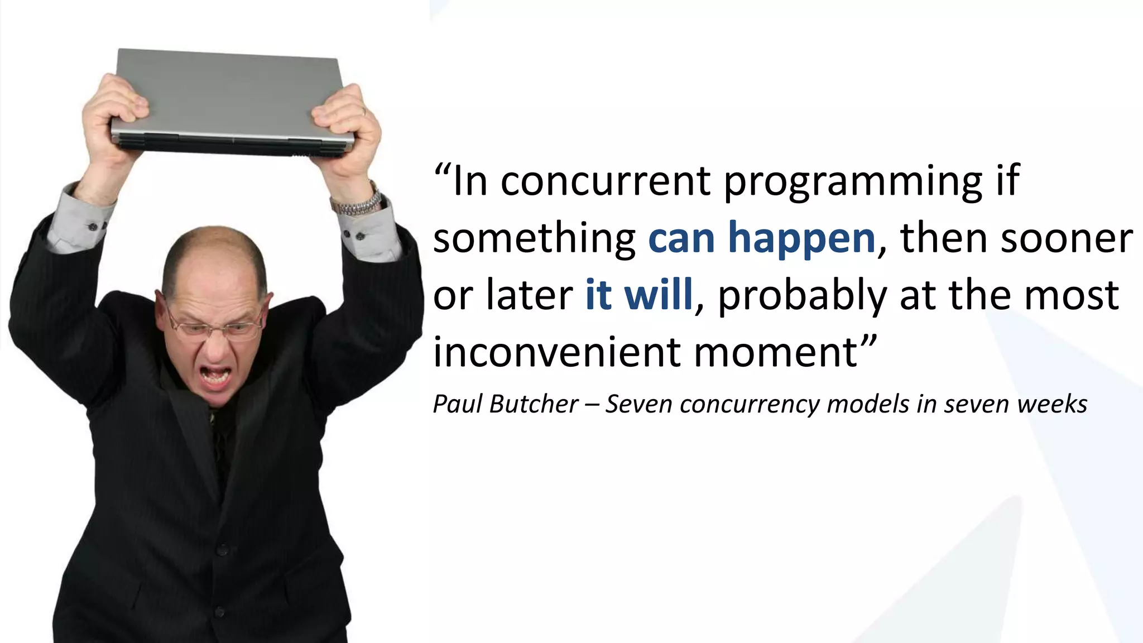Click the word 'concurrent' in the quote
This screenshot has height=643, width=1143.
(606, 181)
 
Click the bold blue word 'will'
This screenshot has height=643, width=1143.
(658, 294)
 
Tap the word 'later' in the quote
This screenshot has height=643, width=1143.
(529, 294)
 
